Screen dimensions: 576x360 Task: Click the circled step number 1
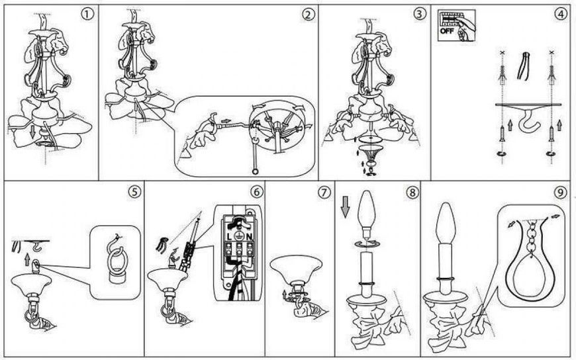point(87,15)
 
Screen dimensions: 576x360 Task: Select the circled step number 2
point(309,15)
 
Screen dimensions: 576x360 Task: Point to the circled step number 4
point(560,15)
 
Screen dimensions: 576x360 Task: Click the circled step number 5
point(134,192)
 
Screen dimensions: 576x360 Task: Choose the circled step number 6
point(256,192)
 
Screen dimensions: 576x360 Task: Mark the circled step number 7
point(324,193)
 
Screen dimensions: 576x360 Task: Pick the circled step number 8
point(412,193)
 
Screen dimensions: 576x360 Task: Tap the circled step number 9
point(560,193)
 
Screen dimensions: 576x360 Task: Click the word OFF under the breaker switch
point(447,31)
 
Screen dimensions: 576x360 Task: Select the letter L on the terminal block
point(230,237)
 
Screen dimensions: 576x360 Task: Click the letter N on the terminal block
point(249,237)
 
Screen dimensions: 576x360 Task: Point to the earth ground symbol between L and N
point(239,236)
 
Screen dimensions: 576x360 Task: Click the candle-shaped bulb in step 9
point(446,223)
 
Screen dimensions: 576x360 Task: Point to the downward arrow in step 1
point(32,132)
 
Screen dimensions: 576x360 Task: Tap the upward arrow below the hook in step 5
point(27,259)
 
